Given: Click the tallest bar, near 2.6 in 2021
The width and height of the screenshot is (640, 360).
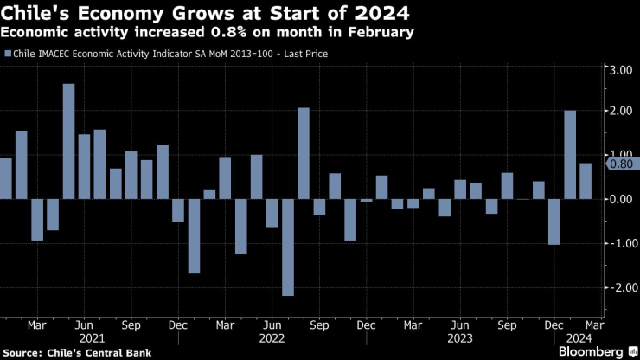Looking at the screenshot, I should (68, 141).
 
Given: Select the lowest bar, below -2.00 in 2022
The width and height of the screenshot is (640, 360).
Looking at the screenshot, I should (288, 247).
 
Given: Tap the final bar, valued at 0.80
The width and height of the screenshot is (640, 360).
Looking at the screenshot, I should (586, 181).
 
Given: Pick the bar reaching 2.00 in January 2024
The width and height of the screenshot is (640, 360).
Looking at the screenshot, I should (570, 155).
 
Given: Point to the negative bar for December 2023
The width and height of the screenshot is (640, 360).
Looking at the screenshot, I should (554, 222).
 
